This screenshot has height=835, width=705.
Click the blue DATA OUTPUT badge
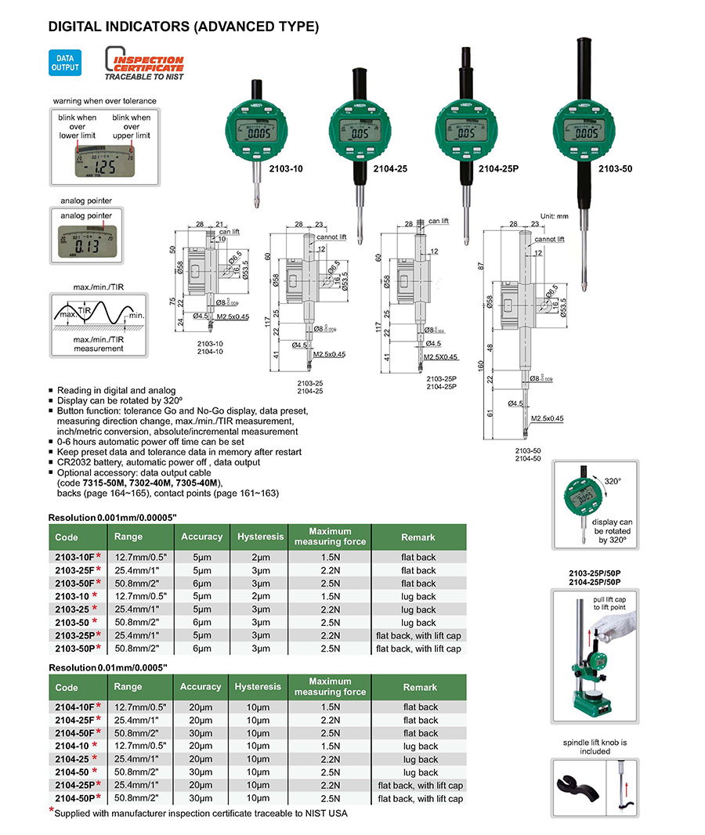tap(66, 62)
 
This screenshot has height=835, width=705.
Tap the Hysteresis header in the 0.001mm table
tap(259, 537)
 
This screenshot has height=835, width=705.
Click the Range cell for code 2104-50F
tap(143, 733)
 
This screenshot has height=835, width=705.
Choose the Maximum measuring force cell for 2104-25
tap(330, 759)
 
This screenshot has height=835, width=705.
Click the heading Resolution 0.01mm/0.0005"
tap(108, 667)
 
